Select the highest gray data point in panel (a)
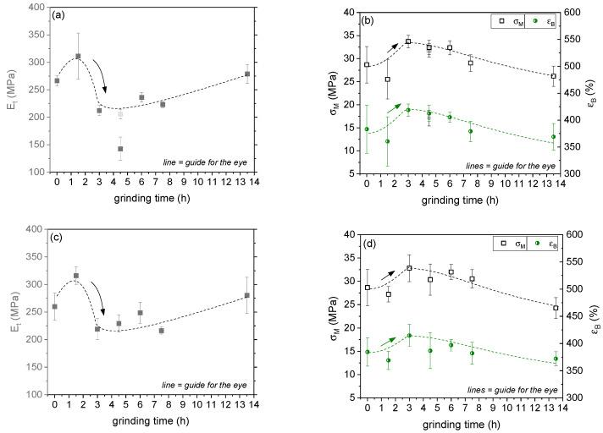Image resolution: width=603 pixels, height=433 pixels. point(78,57)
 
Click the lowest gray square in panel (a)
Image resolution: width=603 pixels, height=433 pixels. point(120,149)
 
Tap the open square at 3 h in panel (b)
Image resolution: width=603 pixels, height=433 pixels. point(408,41)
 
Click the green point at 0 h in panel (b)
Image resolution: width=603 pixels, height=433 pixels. point(367,129)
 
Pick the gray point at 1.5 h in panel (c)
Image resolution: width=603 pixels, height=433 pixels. point(76,276)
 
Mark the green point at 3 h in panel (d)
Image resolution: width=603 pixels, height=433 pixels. point(409,336)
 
